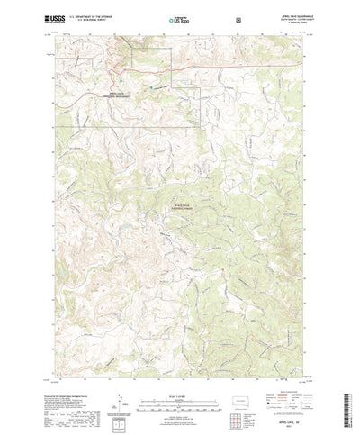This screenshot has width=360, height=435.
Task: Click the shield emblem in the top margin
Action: coord(237,17)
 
